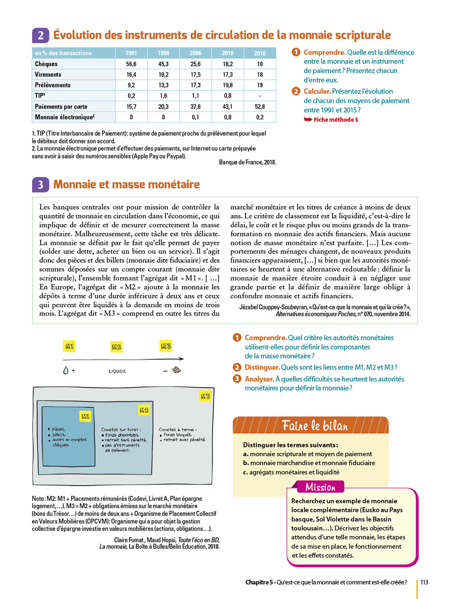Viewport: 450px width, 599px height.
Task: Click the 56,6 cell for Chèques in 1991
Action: (x=131, y=64)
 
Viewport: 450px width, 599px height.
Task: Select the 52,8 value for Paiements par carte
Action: (x=260, y=107)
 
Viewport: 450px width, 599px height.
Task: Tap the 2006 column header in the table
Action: (x=196, y=53)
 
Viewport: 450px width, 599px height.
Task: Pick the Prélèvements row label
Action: (x=53, y=85)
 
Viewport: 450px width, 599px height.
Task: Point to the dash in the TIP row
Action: (x=260, y=96)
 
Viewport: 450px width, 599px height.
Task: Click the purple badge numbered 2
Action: (x=40, y=36)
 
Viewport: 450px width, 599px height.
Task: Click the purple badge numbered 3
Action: (x=40, y=184)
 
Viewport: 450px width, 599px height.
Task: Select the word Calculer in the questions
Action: (x=317, y=91)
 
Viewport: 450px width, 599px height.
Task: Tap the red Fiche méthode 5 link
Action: (x=335, y=120)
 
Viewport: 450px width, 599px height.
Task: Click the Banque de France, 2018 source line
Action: (x=247, y=162)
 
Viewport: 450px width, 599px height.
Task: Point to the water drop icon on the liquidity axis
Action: (x=66, y=370)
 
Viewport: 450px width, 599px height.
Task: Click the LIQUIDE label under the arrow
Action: (x=117, y=371)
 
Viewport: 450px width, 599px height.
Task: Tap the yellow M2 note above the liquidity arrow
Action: (x=116, y=347)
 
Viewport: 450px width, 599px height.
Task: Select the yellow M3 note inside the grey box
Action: (x=205, y=397)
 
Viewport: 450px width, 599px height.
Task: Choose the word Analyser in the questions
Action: (x=259, y=379)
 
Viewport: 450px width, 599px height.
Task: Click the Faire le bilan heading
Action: (x=315, y=426)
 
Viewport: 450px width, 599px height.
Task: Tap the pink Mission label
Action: (x=320, y=487)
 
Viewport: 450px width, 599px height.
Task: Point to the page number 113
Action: (x=424, y=582)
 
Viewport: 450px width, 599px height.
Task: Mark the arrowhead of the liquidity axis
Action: (x=182, y=359)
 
